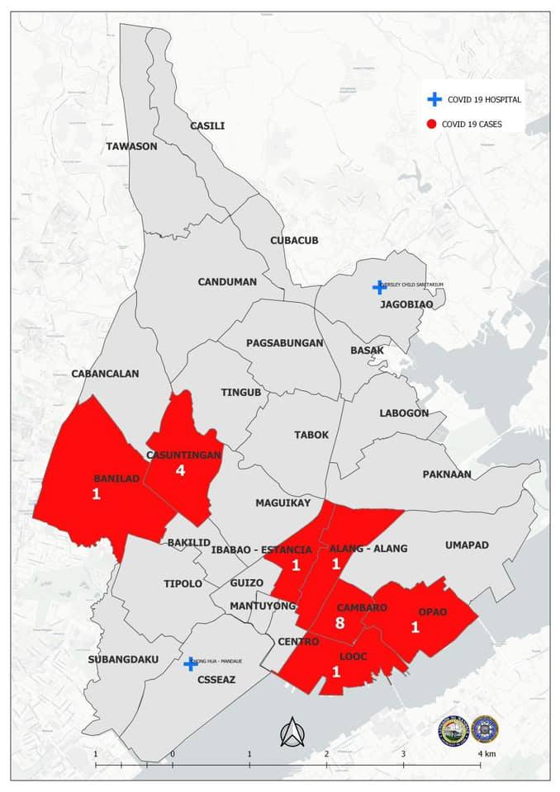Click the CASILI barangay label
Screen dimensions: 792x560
[x=207, y=125]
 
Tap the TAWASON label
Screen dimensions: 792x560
[x=131, y=146]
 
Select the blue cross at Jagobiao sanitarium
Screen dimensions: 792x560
[x=379, y=287]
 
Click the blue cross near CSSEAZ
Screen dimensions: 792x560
[x=191, y=663]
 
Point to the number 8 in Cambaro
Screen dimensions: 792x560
[x=339, y=623]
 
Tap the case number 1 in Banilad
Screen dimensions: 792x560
[x=97, y=494]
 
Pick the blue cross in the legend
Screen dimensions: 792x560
[x=434, y=99]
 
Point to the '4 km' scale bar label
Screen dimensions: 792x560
[x=486, y=754]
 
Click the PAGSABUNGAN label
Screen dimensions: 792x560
[x=285, y=342]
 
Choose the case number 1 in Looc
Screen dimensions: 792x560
[x=336, y=672]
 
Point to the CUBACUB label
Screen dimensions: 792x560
[x=294, y=240]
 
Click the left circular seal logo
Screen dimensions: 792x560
[x=453, y=729]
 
